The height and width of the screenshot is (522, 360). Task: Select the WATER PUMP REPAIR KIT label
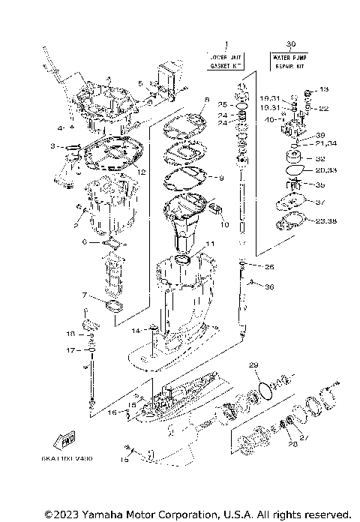(x=290, y=60)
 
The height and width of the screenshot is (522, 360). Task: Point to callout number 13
(x=324, y=90)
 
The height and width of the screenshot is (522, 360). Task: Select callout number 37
(x=321, y=202)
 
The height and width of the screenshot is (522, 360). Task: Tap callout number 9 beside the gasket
(x=221, y=178)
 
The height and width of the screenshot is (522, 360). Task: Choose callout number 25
(x=221, y=104)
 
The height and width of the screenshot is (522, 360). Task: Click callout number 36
(x=269, y=286)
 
